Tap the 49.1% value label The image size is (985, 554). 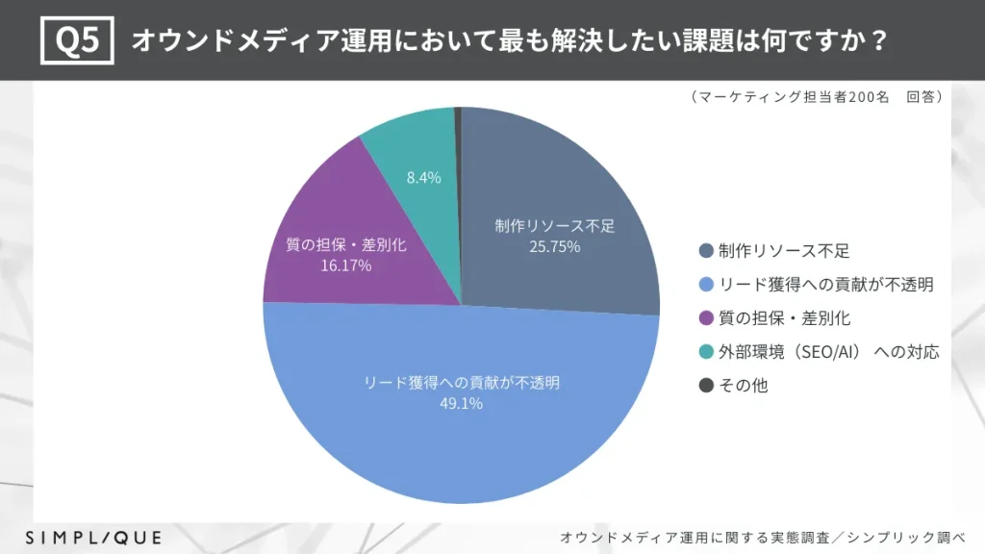click(x=462, y=403)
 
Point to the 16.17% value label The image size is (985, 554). click(x=346, y=264)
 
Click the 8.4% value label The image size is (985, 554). click(x=423, y=177)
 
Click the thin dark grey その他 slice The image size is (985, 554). click(x=458, y=144)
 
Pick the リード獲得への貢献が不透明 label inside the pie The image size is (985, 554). click(x=462, y=382)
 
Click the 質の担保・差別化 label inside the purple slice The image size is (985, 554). click(x=346, y=245)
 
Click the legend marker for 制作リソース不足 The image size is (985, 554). click(x=705, y=251)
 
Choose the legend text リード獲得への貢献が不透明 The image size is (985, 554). click(x=826, y=285)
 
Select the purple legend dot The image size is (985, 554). click(x=705, y=318)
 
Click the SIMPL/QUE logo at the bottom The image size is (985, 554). click(x=93, y=537)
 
